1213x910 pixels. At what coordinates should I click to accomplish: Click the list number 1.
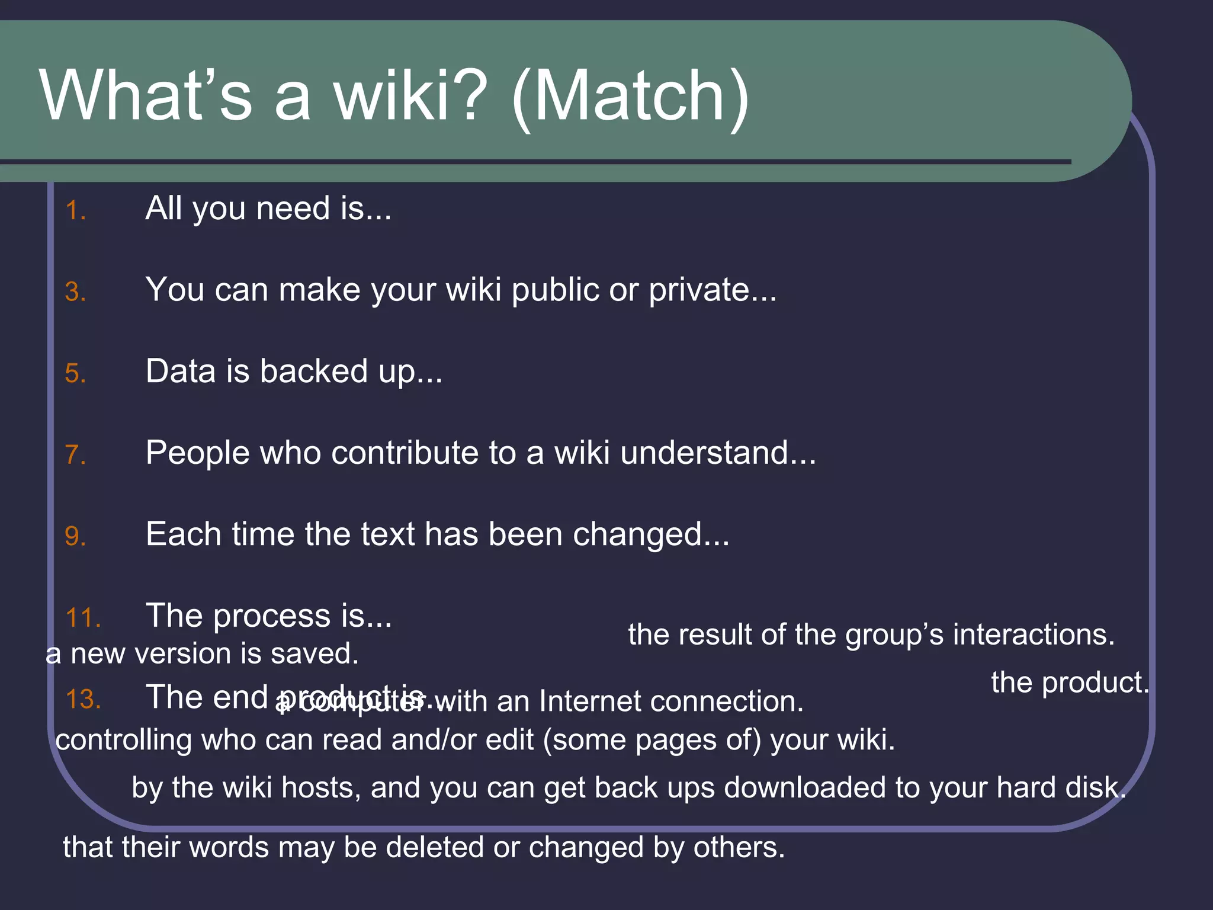75,211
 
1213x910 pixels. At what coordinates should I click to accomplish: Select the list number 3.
75,292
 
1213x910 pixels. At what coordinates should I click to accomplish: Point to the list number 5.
75,374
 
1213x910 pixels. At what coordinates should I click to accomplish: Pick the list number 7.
75,455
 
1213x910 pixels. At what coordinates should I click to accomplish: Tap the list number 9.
75,537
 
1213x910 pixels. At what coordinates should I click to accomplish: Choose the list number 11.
83,618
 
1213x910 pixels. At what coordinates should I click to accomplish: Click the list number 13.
83,700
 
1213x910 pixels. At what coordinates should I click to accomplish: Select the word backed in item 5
313,371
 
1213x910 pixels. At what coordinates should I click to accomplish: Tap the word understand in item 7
705,453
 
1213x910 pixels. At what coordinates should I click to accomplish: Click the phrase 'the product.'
1070,682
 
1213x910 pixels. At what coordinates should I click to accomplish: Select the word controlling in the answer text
124,741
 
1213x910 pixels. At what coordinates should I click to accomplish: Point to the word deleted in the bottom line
435,847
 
